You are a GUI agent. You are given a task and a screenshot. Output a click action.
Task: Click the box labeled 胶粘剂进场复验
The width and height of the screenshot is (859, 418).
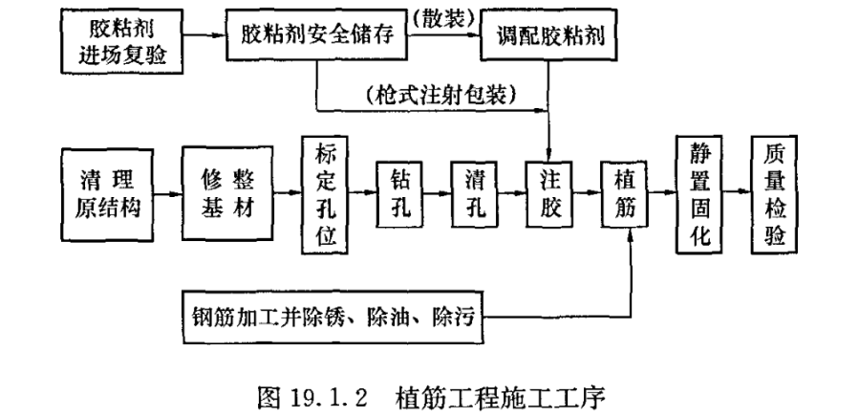122,38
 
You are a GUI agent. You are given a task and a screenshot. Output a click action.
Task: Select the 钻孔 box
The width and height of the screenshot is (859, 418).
399,195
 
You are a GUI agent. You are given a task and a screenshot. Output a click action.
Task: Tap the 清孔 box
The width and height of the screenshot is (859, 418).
475,195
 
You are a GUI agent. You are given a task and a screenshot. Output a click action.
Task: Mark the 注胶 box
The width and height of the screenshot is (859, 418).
548,195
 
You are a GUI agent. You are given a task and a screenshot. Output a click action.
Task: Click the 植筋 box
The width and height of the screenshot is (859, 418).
626,195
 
